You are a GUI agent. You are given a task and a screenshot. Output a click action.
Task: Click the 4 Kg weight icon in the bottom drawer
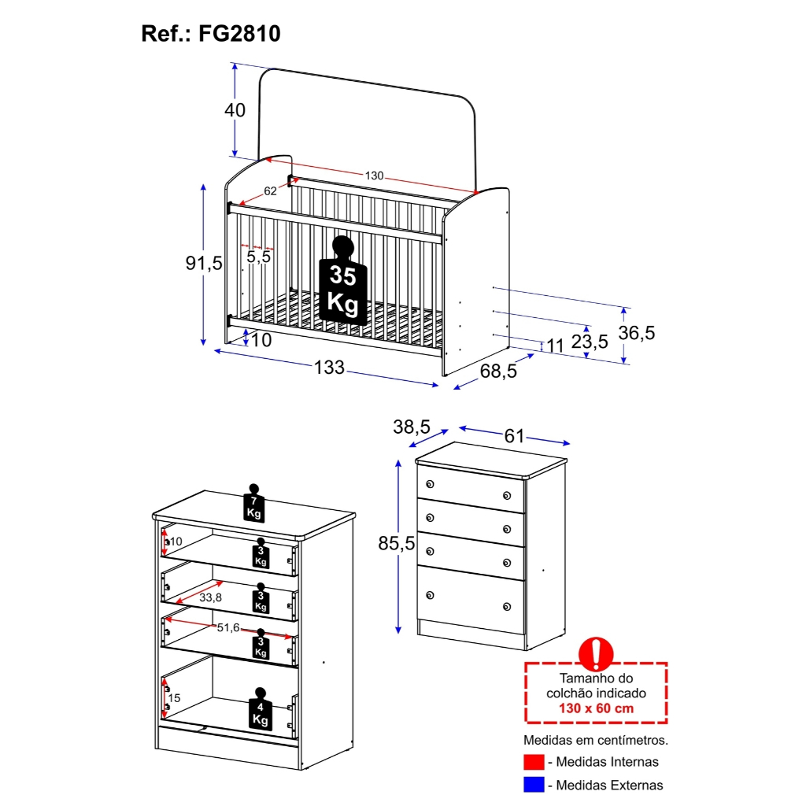(259, 710)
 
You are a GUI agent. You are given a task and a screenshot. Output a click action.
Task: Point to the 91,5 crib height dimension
(204, 263)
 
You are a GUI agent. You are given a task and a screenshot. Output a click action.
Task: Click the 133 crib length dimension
(329, 367)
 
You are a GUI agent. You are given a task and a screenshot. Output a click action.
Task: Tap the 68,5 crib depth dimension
(499, 372)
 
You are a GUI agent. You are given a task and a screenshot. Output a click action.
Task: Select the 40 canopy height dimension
(235, 110)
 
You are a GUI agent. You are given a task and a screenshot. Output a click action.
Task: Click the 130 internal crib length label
(374, 176)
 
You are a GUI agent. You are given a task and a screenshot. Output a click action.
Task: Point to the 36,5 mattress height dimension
(636, 333)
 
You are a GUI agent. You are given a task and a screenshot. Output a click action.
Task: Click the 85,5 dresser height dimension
(397, 543)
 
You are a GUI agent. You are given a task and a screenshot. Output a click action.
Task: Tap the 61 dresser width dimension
(514, 436)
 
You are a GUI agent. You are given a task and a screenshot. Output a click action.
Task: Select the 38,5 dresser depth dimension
(412, 427)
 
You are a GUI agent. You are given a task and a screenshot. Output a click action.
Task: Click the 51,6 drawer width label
(228, 627)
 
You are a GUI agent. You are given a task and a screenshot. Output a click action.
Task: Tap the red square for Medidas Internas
(533, 762)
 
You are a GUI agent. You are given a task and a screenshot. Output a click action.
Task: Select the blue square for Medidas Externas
(533, 785)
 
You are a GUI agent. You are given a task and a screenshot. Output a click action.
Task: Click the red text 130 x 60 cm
(596, 708)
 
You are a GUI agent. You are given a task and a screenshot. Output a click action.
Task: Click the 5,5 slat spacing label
(258, 257)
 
